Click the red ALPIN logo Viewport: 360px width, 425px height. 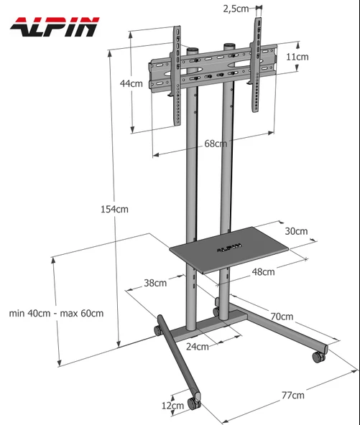coord(55,27)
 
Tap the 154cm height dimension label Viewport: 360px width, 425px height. coord(114,209)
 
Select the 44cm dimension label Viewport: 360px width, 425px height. coord(131,83)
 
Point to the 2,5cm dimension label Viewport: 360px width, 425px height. coord(236,9)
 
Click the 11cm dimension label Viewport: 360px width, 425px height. coord(297,57)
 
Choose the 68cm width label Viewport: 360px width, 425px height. coord(216,144)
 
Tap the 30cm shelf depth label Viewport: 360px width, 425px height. coord(296,231)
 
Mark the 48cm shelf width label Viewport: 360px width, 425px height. coord(263,272)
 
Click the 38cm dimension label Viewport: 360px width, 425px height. coord(155,283)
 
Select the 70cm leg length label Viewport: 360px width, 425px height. coord(282,317)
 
